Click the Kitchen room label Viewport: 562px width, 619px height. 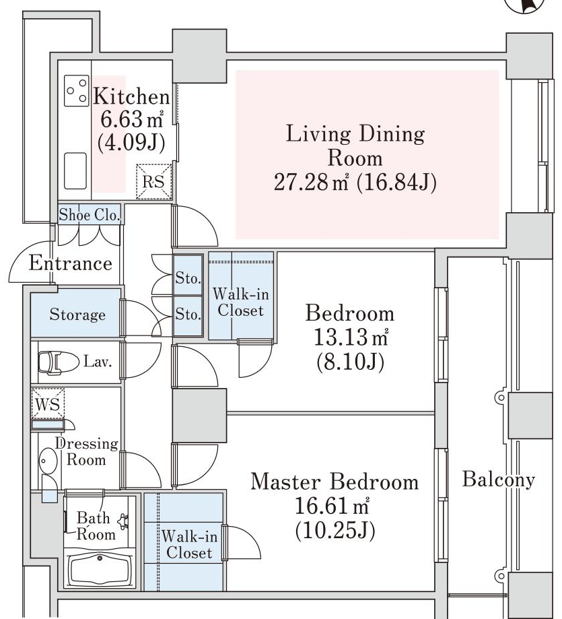tap(131, 97)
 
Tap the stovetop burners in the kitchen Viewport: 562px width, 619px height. tap(77, 91)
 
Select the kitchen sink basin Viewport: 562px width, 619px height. tap(75, 171)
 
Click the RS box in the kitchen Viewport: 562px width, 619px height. tap(154, 182)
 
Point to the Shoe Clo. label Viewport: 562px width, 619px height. tap(89, 215)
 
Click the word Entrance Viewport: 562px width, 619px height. tap(71, 263)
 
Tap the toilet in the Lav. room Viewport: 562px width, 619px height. tap(59, 362)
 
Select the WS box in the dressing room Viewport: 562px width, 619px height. tap(48, 404)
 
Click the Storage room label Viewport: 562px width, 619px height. tap(77, 315)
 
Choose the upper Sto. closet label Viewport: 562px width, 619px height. tap(188, 278)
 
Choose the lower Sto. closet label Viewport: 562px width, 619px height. tap(188, 315)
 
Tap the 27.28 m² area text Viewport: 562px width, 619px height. tap(311, 182)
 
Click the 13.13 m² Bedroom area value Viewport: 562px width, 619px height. tap(351, 337)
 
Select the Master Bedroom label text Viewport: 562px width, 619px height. tap(335, 482)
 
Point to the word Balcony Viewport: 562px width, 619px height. tap(499, 480)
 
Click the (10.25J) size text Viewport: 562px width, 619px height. tap(335, 531)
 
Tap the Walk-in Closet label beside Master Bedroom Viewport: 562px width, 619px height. tap(189, 544)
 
